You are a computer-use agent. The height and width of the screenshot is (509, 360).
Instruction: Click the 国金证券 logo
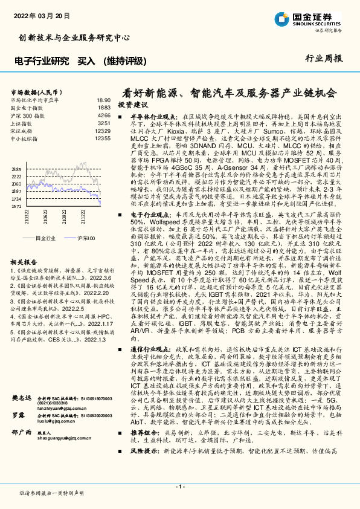(310, 18)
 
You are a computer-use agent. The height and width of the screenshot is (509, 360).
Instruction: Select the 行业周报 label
(324, 59)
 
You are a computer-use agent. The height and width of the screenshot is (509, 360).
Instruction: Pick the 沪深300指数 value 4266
(104, 115)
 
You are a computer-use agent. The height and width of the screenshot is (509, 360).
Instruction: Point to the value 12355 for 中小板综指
(103, 138)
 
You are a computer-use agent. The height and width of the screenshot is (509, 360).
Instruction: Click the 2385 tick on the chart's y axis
(16, 169)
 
